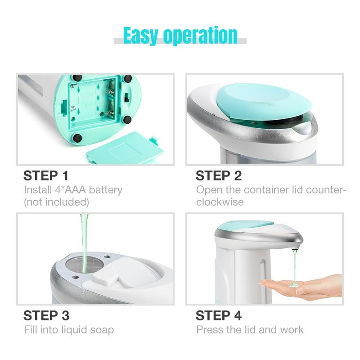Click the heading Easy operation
180,36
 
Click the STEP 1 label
46,175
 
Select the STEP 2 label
219,175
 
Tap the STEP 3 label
46,315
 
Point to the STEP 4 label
219,315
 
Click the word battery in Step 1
106,190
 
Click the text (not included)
57,202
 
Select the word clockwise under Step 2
220,202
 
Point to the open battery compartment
94,102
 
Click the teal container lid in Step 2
264,101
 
